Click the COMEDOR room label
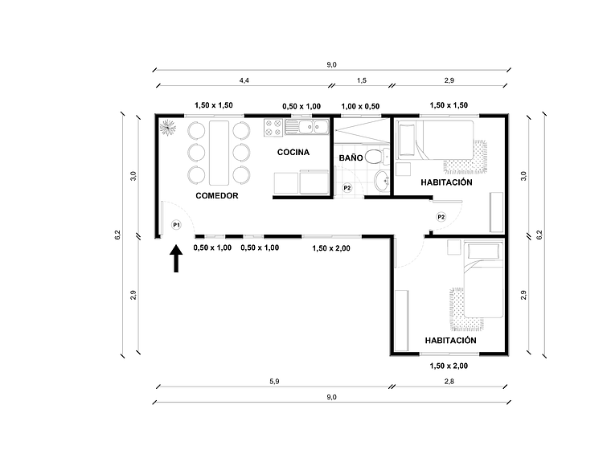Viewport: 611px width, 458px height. [x=217, y=196]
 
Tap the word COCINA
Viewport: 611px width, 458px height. [x=293, y=152]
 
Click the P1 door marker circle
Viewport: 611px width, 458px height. [x=176, y=225]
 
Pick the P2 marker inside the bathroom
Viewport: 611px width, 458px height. [x=347, y=188]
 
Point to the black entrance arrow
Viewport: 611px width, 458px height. [x=176, y=260]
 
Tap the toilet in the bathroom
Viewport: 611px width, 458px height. [x=373, y=156]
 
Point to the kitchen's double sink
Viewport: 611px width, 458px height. [x=310, y=126]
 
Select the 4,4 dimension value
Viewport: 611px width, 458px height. [x=243, y=80]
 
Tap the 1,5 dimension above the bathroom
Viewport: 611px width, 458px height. [x=361, y=80]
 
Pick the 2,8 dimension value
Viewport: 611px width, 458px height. [x=449, y=382]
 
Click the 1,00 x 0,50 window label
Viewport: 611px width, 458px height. [x=360, y=106]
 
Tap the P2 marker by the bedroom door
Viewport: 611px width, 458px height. [x=441, y=217]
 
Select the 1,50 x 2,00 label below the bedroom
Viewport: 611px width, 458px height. [x=449, y=366]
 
